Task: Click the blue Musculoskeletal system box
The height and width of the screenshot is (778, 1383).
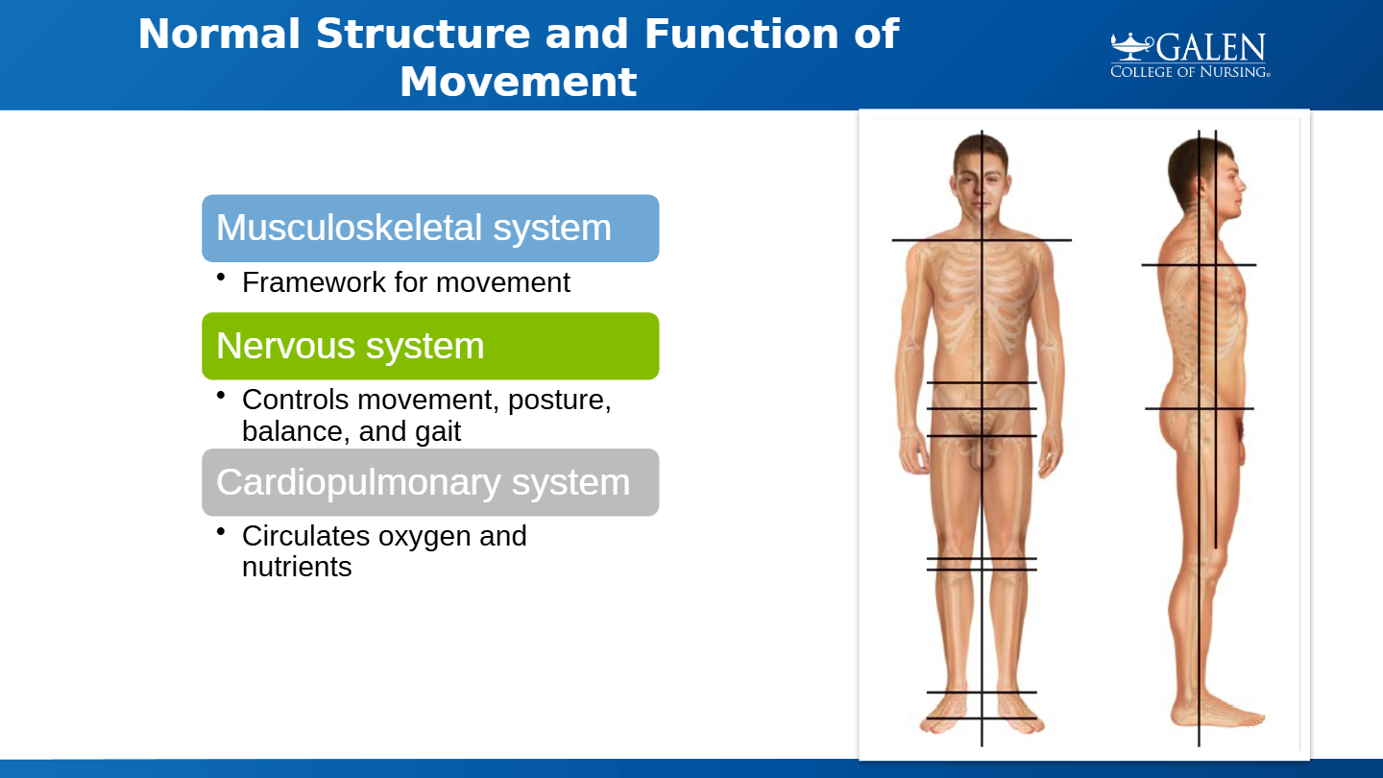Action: [430, 229]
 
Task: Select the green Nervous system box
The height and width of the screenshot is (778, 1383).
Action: [430, 346]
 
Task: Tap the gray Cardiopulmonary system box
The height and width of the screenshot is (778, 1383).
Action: [430, 482]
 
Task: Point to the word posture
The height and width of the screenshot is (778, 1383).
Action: [559, 401]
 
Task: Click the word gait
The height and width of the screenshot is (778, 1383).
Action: [438, 432]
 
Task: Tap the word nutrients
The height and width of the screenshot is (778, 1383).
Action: [297, 567]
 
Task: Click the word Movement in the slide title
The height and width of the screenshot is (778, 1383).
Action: [518, 82]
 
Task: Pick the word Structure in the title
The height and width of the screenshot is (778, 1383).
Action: [423, 34]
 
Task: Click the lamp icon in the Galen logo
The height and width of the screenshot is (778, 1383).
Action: [1131, 46]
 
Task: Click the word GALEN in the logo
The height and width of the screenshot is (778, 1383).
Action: [1210, 48]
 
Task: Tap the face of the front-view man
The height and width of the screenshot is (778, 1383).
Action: [982, 188]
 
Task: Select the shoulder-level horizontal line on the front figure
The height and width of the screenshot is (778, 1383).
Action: [982, 240]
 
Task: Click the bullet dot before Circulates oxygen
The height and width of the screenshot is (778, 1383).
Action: [221, 531]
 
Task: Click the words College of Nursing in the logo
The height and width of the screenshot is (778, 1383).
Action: [1190, 72]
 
